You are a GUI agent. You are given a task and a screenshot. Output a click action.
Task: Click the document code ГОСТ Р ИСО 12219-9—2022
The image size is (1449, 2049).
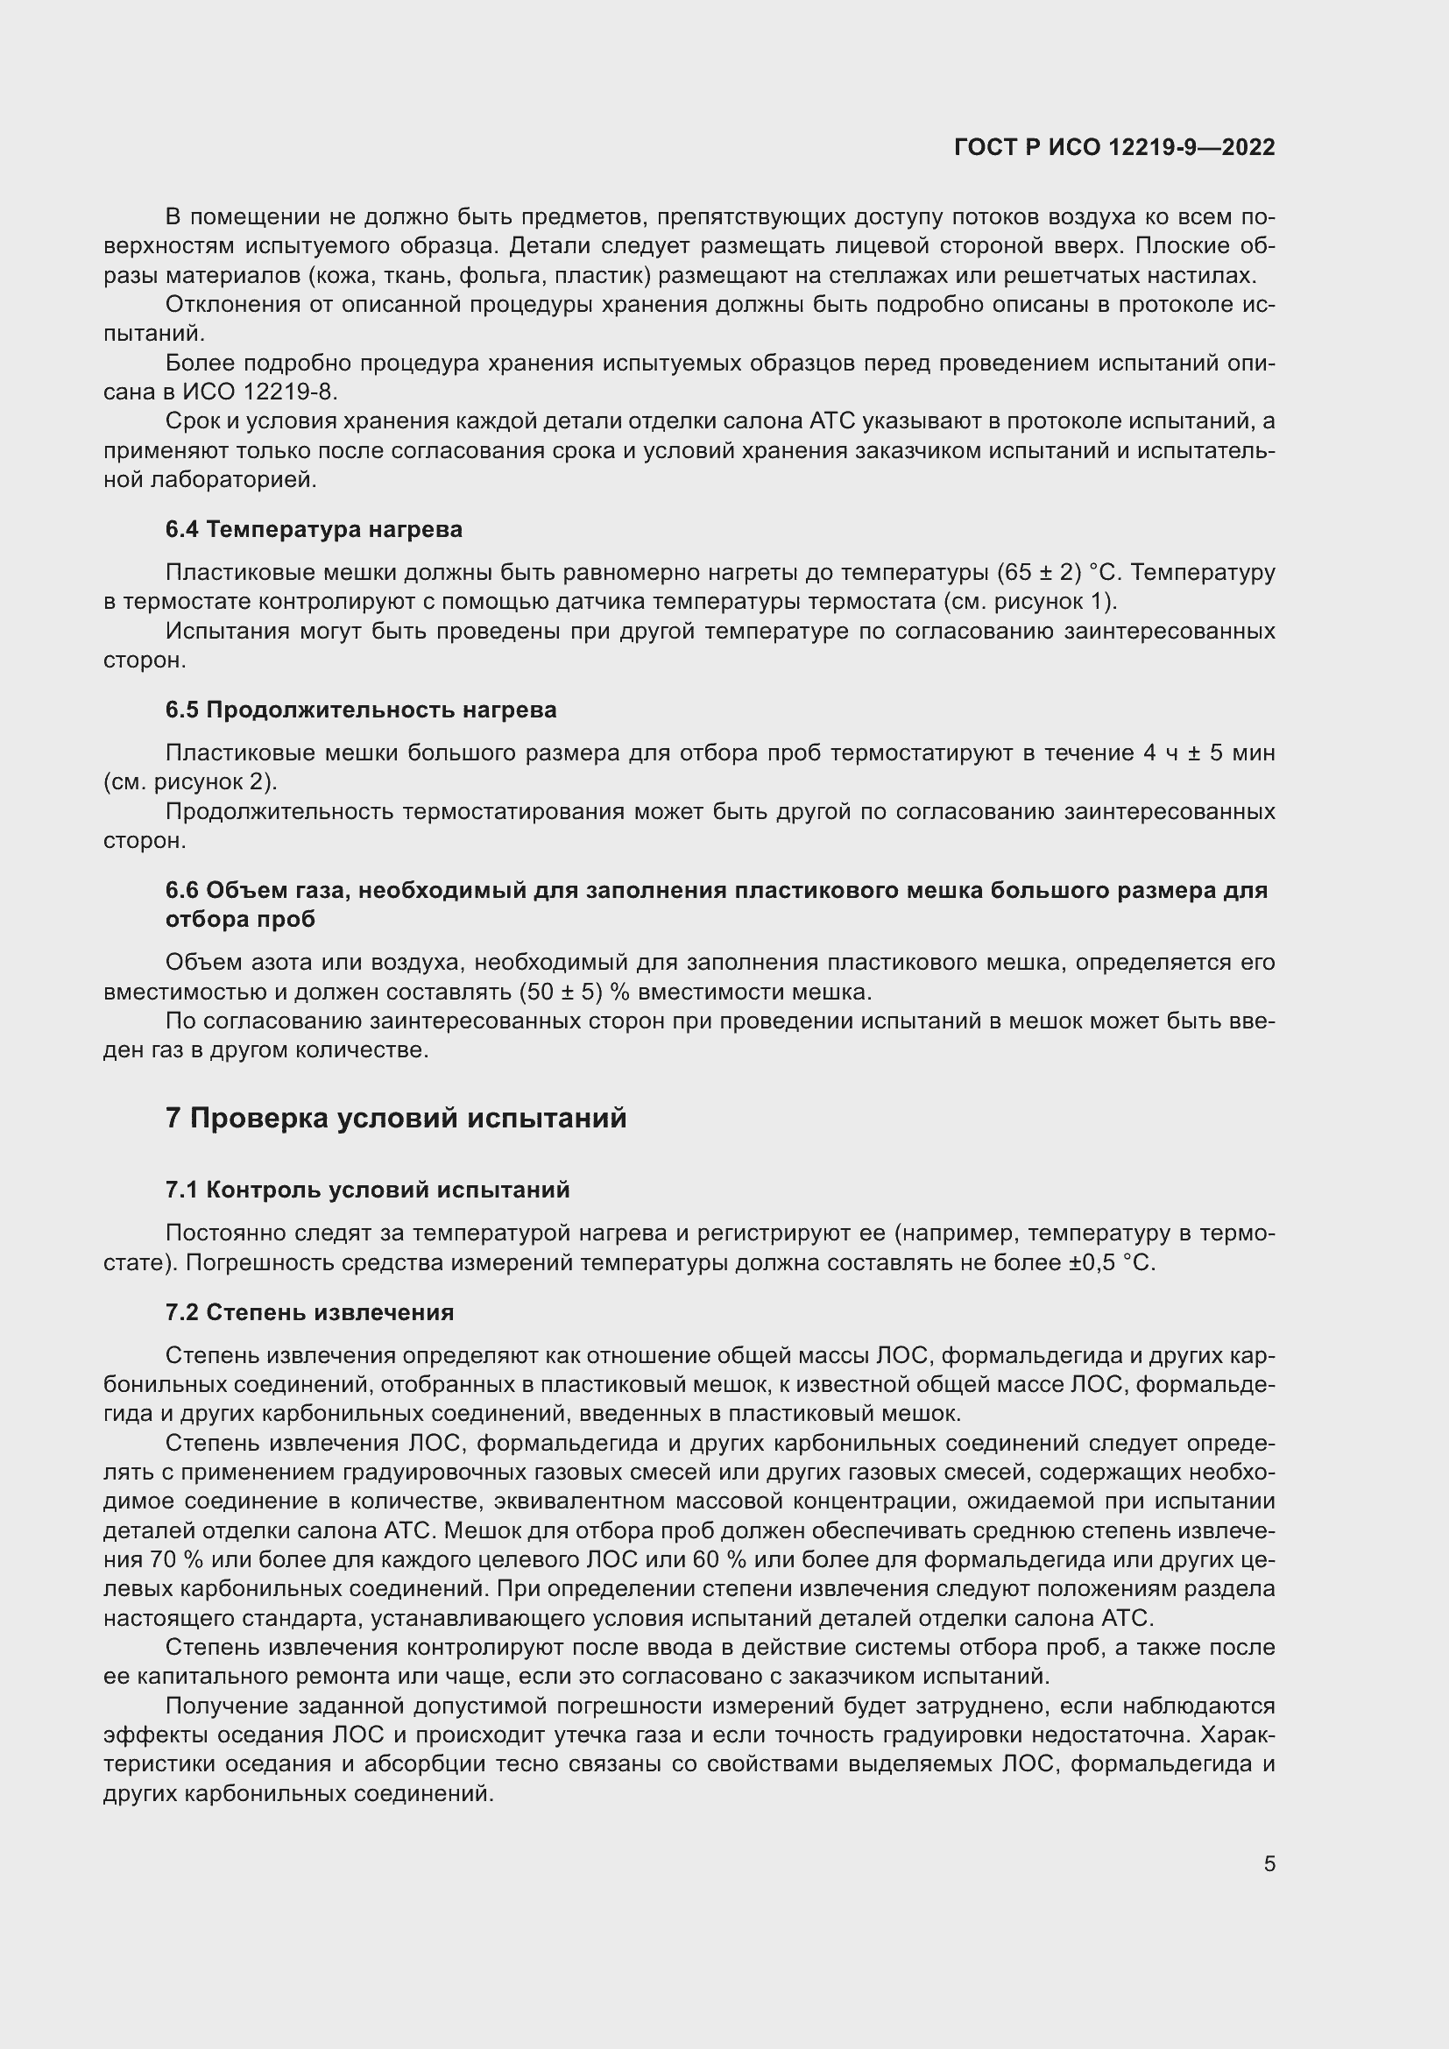click(x=1114, y=147)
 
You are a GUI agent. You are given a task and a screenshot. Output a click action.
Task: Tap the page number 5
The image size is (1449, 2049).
click(x=1269, y=1864)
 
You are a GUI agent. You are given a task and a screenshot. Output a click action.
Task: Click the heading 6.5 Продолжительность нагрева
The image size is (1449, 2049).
click(x=360, y=710)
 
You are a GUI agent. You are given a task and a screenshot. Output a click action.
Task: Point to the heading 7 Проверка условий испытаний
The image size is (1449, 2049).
click(x=395, y=1117)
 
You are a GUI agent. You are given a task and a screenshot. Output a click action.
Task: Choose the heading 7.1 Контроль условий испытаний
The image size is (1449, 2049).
click(x=367, y=1190)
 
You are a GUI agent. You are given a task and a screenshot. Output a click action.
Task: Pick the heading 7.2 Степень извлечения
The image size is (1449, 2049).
click(x=308, y=1312)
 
